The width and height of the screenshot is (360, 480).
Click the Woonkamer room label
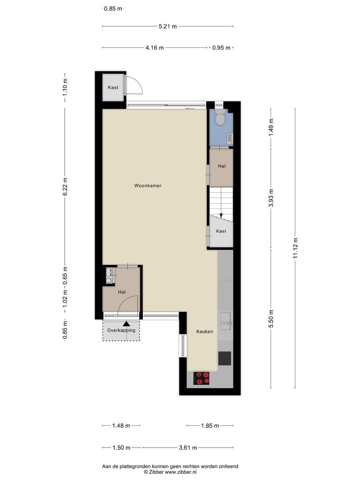pos(148,186)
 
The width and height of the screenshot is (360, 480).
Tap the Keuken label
pos(205,332)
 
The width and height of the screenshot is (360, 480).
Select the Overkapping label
pos(121,330)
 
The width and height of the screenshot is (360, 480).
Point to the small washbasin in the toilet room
pos(230,138)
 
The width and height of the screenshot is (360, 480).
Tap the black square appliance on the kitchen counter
pos(225,358)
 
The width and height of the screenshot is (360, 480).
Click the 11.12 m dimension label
pos(295,248)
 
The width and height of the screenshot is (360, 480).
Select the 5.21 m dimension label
pos(168,26)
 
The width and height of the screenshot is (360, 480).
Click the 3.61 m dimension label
pos(188,448)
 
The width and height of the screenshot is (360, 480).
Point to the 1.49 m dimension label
pos(271,127)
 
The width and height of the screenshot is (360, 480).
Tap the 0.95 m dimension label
pos(221,48)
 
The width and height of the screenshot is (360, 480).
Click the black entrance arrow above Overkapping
pos(126,324)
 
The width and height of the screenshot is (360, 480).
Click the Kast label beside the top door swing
pos(113,87)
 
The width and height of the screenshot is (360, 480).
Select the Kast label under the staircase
pos(221,231)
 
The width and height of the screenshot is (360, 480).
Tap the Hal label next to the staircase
pos(222,166)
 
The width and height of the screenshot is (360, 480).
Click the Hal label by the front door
pos(122,292)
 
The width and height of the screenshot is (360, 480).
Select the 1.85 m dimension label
pos(210,426)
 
